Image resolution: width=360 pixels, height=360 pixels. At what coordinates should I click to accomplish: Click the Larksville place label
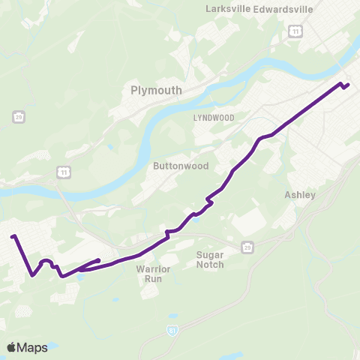229,9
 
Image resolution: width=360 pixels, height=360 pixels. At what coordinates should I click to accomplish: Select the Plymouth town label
156,90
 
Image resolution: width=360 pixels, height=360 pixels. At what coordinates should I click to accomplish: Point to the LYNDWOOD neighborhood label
214,118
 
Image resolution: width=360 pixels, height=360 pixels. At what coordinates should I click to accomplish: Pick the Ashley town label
300,195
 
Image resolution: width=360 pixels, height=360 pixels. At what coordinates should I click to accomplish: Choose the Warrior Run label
154,273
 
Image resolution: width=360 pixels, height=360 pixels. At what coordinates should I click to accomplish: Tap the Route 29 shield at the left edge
17,116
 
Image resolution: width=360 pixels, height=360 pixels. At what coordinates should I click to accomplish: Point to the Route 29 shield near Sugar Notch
247,246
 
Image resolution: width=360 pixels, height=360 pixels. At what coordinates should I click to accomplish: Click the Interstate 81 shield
173,330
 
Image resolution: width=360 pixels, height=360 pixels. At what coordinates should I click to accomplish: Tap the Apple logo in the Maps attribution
12,347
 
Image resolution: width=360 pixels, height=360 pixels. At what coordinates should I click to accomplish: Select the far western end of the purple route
13,237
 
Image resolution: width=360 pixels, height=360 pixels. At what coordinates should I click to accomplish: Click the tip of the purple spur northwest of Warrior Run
99,261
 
